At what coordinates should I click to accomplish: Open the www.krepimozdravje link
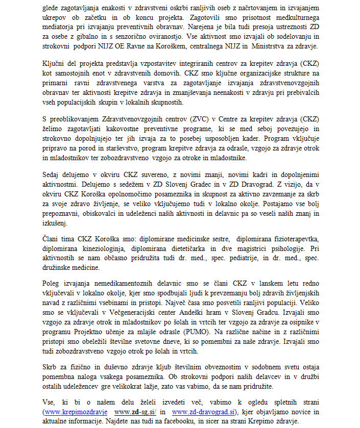(76, 411)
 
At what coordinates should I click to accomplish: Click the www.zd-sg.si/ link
(135, 411)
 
